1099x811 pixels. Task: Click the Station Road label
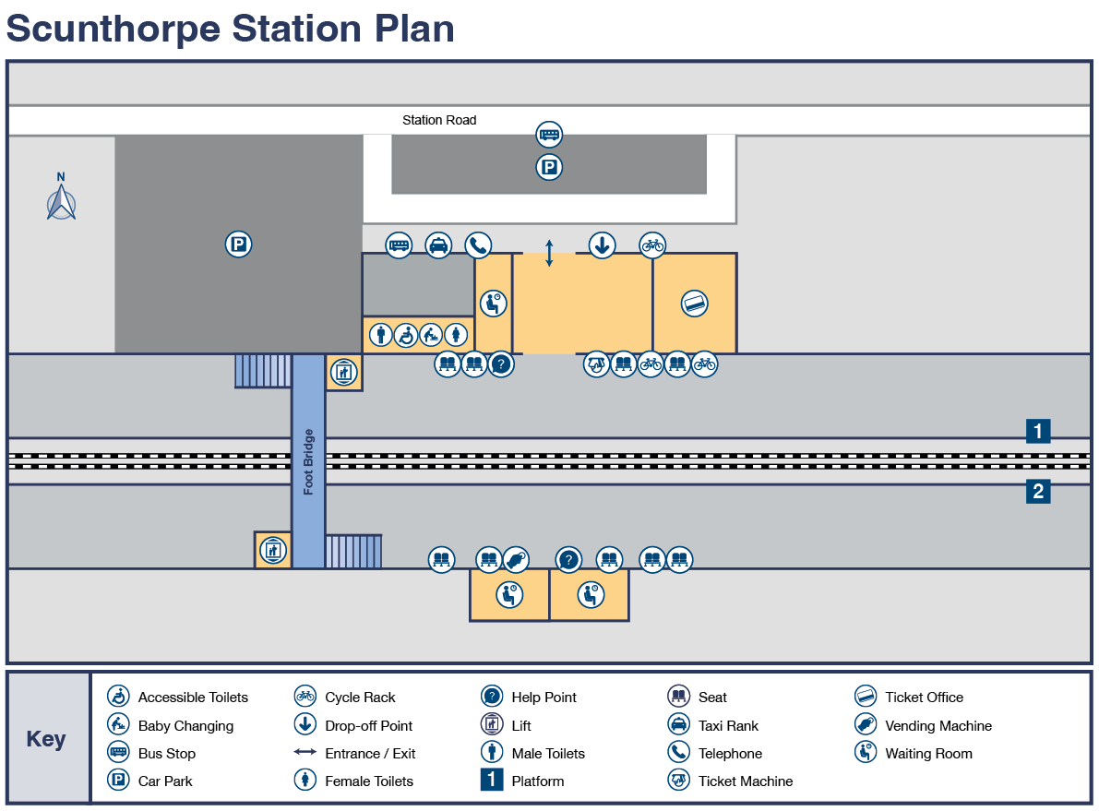tap(439, 120)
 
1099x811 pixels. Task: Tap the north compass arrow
tap(61, 200)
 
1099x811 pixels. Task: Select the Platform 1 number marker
tap(1038, 431)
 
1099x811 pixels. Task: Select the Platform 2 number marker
tap(1038, 492)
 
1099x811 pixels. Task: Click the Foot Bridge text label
tap(308, 461)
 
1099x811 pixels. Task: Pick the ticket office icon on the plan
tap(694, 303)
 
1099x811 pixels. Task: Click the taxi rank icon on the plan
tap(438, 245)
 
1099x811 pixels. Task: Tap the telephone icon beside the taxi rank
tap(477, 245)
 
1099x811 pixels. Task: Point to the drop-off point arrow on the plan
tap(602, 245)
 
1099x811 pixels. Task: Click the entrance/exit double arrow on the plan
tap(549, 253)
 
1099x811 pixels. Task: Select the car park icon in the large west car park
tap(238, 244)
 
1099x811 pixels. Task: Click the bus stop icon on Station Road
tap(549, 135)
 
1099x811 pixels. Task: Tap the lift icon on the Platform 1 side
tap(343, 373)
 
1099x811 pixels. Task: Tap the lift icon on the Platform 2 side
tap(271, 550)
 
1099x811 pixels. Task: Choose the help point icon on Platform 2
tap(568, 560)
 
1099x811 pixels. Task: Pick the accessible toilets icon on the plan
tap(405, 335)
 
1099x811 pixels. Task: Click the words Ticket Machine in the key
tap(745, 781)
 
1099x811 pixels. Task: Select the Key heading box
tap(47, 738)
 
